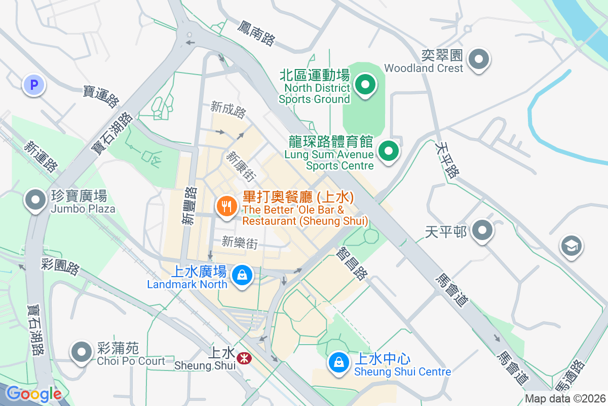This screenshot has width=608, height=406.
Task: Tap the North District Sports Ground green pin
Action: (364, 85)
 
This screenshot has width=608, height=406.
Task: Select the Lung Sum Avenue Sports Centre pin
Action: (389, 151)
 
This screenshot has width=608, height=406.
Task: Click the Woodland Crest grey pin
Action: (478, 59)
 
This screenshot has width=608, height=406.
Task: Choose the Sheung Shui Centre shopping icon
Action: (338, 362)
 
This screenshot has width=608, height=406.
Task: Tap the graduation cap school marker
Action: (571, 247)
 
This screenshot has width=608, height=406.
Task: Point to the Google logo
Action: (33, 394)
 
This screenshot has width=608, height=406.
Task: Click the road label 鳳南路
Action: (256, 34)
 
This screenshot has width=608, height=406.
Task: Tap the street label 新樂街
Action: (240, 243)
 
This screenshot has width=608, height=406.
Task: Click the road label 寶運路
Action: (101, 96)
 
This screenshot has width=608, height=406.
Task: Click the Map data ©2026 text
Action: (565, 399)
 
